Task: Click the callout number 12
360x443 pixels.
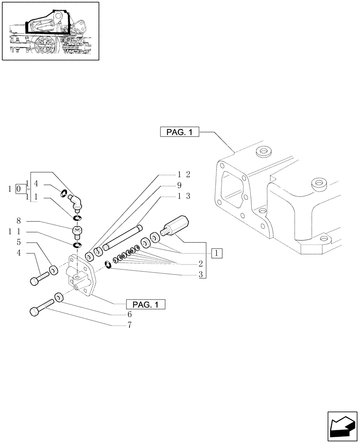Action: [184, 174]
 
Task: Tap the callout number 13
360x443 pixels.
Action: [184, 195]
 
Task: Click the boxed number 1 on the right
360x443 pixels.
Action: [216, 253]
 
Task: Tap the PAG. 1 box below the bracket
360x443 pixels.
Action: [145, 304]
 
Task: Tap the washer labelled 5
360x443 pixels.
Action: [53, 269]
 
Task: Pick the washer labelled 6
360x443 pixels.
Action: [58, 297]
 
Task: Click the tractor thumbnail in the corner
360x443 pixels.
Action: [50, 31]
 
